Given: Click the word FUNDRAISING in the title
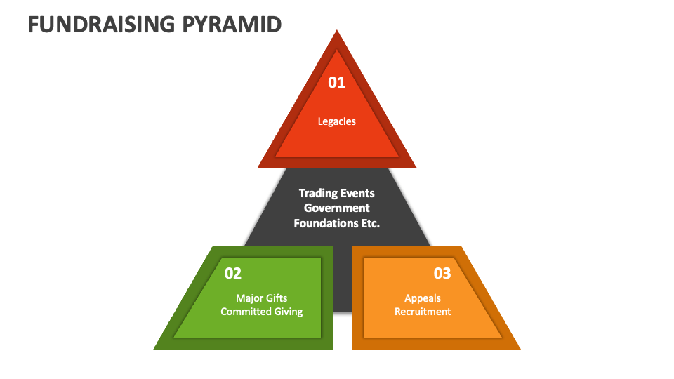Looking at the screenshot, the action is (x=101, y=25).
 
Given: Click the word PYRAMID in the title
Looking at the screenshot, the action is (x=232, y=25).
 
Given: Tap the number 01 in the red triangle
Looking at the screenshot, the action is (x=336, y=82).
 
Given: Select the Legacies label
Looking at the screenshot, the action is (x=336, y=121).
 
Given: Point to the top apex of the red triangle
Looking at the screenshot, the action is (x=337, y=29).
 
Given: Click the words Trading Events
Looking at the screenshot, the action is (x=336, y=194).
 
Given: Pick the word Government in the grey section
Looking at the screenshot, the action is (x=336, y=208).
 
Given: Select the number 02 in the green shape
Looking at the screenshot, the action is (x=233, y=273).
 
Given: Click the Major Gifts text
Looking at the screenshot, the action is (x=261, y=298).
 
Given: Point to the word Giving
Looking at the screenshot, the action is (x=289, y=312).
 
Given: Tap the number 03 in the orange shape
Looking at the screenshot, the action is (x=442, y=273).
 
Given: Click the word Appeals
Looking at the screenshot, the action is (x=423, y=298).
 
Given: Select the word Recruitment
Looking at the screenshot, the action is (x=423, y=312).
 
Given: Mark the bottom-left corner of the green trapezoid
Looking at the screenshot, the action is (x=154, y=349).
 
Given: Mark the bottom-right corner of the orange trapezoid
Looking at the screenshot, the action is (x=520, y=349).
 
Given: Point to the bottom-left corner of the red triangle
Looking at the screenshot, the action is (x=258, y=168).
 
